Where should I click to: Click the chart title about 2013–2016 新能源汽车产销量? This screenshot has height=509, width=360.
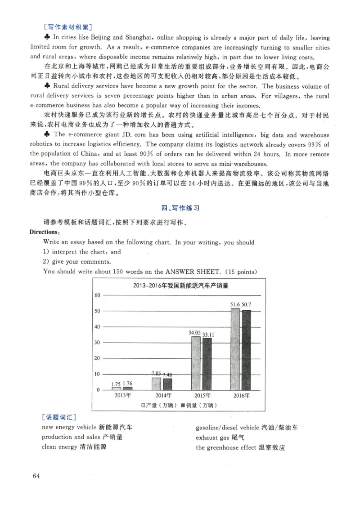point(180,286)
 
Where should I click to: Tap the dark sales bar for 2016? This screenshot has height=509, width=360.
point(246,350)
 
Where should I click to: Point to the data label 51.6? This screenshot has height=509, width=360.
point(235,305)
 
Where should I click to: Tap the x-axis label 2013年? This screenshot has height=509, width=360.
point(122,396)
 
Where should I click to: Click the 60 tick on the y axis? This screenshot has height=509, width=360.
point(96,295)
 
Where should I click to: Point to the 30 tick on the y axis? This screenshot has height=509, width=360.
point(96,343)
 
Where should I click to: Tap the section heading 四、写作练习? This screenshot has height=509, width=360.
point(180,208)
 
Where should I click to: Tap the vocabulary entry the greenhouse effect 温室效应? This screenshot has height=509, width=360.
point(240,447)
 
